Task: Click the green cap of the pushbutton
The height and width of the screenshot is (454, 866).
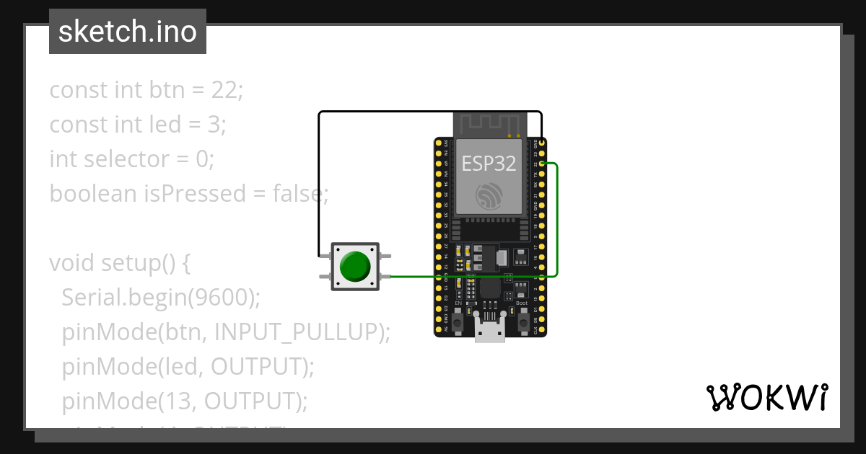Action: (x=355, y=267)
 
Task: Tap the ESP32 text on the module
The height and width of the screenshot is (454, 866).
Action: (x=489, y=164)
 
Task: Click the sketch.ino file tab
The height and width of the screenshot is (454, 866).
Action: (x=128, y=32)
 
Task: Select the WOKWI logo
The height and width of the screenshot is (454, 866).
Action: (x=766, y=397)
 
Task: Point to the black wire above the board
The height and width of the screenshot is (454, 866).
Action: (x=429, y=112)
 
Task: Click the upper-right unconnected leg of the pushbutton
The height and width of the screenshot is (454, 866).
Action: (x=386, y=257)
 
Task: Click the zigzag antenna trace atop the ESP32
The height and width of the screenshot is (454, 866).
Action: (x=489, y=123)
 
